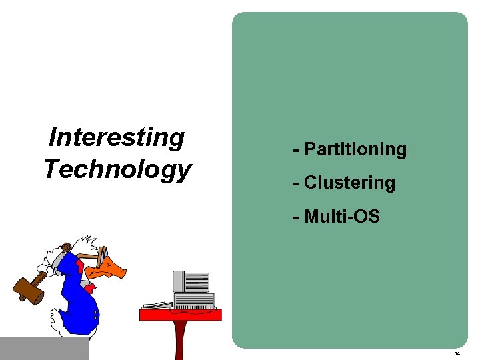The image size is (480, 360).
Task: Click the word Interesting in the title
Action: click(117, 137)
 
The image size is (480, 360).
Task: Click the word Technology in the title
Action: click(117, 169)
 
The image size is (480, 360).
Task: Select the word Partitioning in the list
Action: click(355, 149)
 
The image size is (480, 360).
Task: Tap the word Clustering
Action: click(349, 183)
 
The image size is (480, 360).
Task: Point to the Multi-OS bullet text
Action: click(341, 216)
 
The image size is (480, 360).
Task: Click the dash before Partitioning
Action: click(295, 149)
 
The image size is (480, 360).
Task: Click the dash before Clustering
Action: click(295, 183)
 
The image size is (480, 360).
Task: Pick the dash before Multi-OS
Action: click(295, 216)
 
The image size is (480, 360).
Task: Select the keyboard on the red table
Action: click(158, 306)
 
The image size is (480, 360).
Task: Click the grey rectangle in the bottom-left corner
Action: click(44, 348)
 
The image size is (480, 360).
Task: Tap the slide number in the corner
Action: click(456, 354)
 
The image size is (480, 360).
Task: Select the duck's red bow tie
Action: click(91, 287)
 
